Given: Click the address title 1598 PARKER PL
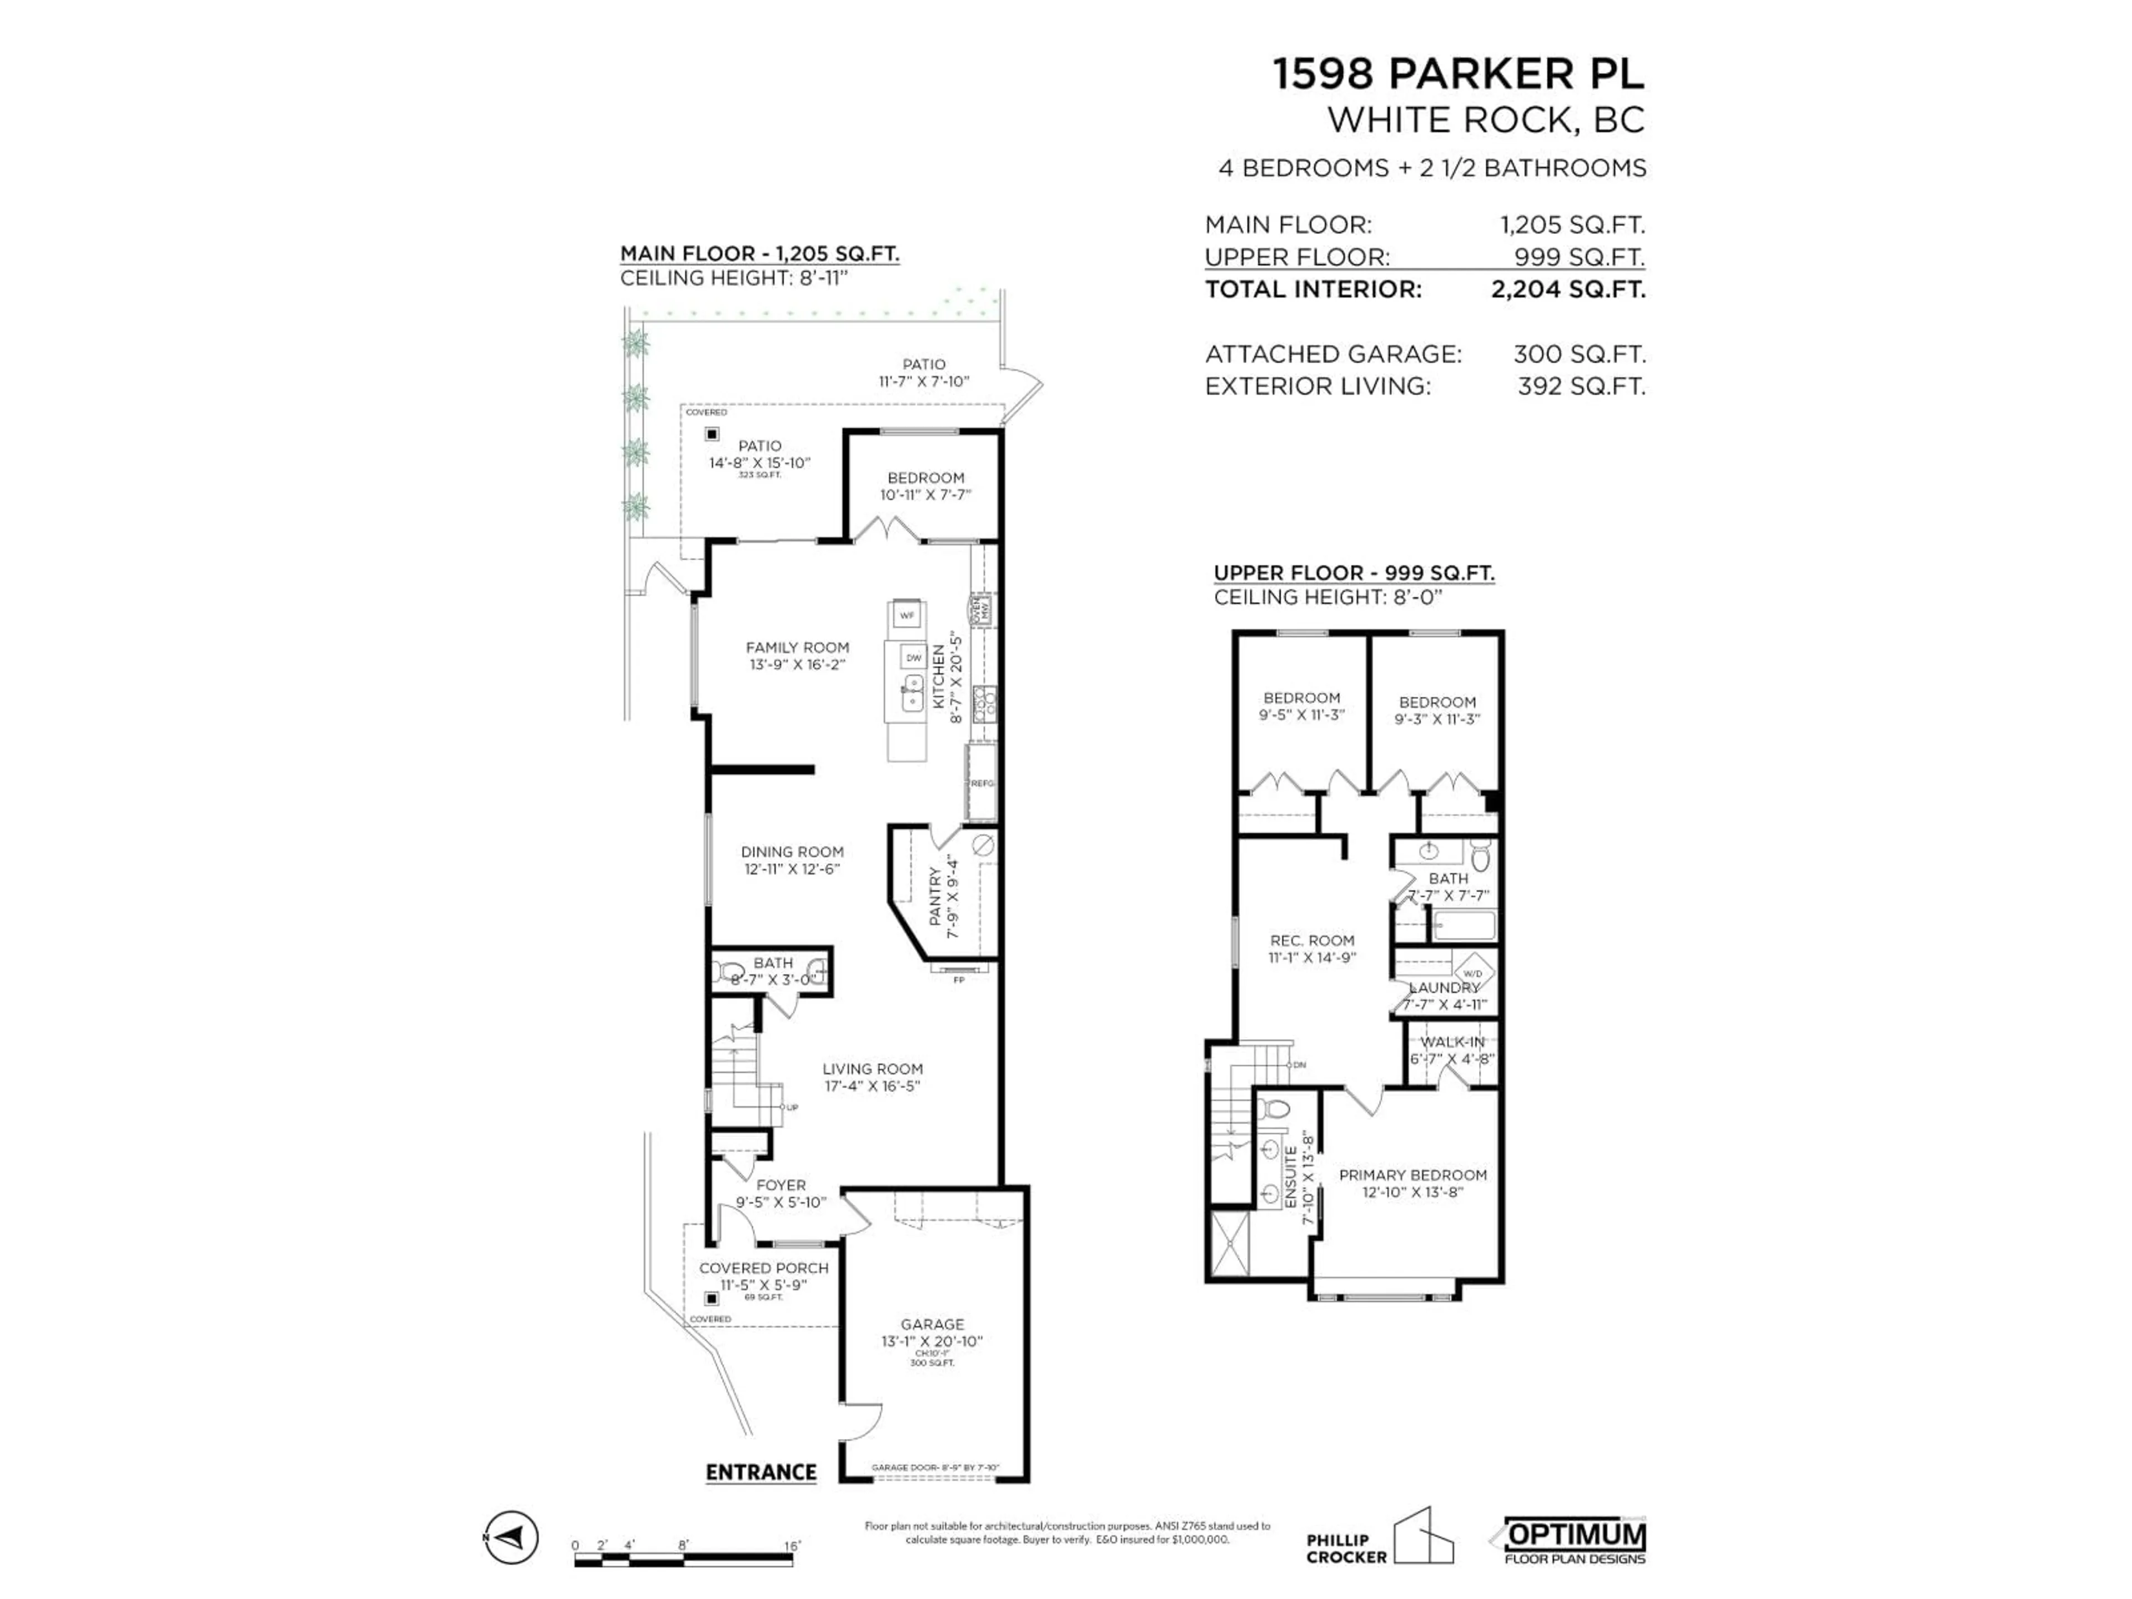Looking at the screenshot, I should tap(1459, 74).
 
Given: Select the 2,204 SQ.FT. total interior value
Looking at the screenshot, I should tap(1567, 289).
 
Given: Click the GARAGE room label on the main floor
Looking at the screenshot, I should tap(932, 1324).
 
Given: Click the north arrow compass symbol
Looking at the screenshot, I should tap(511, 1536).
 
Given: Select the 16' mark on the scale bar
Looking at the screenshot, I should tap(791, 1545).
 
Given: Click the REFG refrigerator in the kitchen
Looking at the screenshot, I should tap(981, 783).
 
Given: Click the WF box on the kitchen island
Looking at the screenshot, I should tap(906, 615).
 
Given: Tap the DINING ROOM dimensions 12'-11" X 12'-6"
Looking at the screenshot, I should tap(792, 868).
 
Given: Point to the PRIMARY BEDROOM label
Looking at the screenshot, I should tap(1412, 1175).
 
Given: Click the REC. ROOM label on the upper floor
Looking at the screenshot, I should tap(1312, 940).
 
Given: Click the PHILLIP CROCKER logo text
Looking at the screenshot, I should tap(1345, 1549).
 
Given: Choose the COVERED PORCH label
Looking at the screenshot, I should tap(763, 1268).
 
